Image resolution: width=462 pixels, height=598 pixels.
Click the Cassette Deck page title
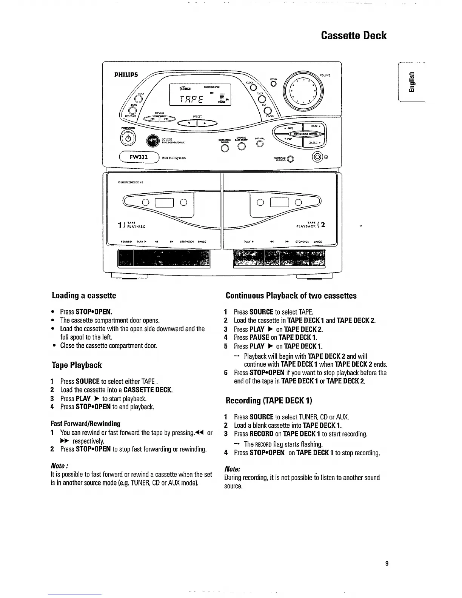click(354, 35)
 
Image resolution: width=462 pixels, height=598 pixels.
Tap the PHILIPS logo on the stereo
click(126, 74)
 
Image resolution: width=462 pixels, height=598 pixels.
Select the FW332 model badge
click(139, 157)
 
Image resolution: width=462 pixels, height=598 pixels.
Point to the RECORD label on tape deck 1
click(125, 242)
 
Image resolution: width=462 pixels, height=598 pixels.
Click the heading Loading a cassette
click(84, 296)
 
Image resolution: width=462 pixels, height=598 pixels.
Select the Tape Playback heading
click(77, 365)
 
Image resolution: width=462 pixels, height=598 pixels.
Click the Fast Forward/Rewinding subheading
click(85, 424)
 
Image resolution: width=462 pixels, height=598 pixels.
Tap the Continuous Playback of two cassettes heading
click(291, 296)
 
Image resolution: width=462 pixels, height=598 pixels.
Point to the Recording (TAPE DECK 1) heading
click(269, 400)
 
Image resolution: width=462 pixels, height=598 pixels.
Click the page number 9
click(387, 564)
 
